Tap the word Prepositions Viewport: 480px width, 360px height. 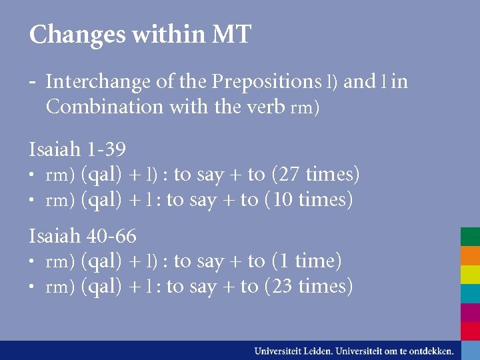click(x=266, y=82)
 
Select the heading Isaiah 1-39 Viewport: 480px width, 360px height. click(x=77, y=149)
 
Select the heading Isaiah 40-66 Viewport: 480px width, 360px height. click(x=83, y=235)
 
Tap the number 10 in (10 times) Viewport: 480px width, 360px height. click(x=284, y=199)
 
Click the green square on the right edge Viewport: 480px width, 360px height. click(x=470, y=237)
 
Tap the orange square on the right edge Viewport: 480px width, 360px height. click(x=470, y=256)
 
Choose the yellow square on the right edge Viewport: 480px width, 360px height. click(x=470, y=275)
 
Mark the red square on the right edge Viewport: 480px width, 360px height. click(x=470, y=331)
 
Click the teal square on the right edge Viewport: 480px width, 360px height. click(x=470, y=293)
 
